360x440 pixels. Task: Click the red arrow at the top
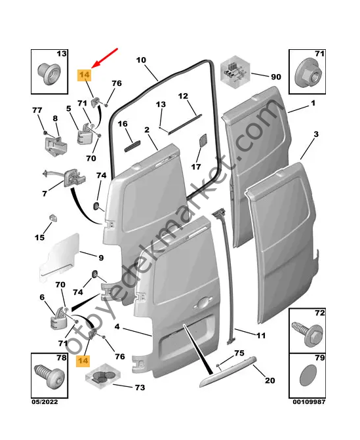tap(106, 57)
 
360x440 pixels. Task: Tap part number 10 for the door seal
tap(141, 60)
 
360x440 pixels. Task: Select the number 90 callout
tap(275, 77)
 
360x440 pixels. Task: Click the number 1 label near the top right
tap(313, 104)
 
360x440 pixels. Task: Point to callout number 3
tap(315, 134)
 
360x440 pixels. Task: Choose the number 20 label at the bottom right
tap(270, 381)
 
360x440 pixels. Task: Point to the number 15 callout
tap(40, 237)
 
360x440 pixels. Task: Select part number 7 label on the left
tap(44, 194)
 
